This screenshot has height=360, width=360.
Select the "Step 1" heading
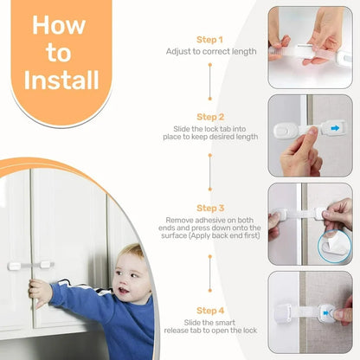[x=210, y=40]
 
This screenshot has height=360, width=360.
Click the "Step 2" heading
[x=210, y=116]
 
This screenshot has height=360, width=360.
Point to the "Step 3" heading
[x=210, y=209]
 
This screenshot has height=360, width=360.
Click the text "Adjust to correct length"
[x=210, y=52]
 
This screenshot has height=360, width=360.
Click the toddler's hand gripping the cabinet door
[x=38, y=291]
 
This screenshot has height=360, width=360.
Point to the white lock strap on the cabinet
[x=33, y=265]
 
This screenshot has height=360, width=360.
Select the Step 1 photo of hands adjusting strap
[x=309, y=48]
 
